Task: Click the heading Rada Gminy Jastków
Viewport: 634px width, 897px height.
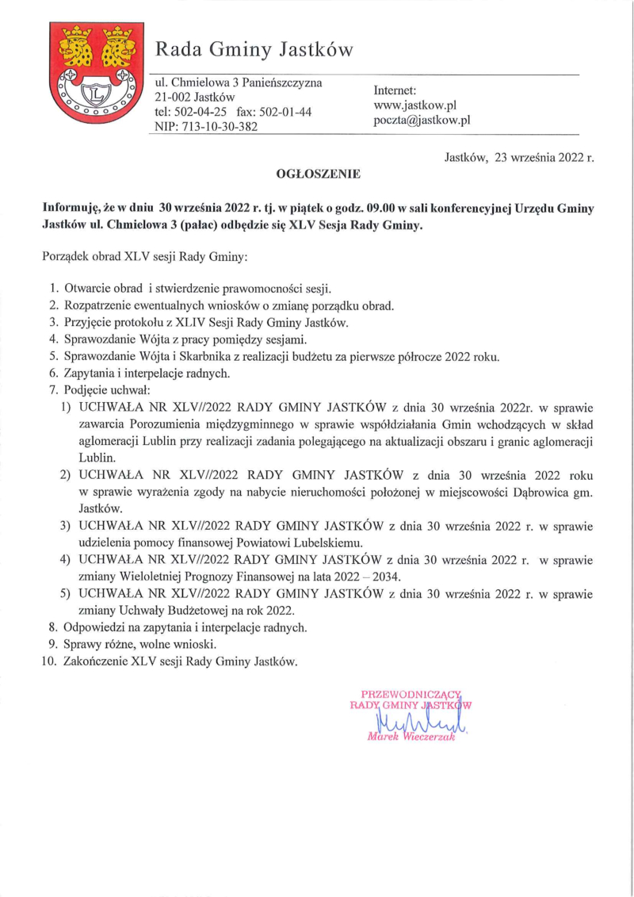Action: click(x=254, y=50)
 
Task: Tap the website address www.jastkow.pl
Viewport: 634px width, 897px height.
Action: click(x=414, y=105)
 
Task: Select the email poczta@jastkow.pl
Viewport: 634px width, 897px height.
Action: click(x=422, y=121)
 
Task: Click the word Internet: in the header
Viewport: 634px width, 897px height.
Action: click(x=400, y=90)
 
